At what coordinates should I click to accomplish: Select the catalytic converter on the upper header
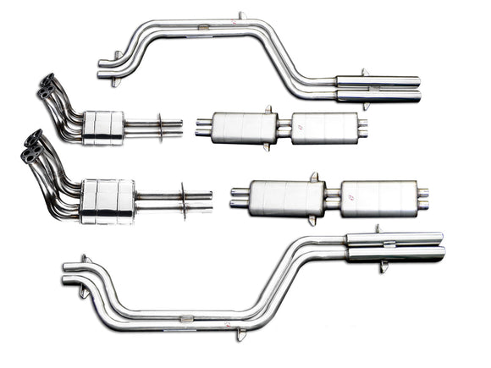point(103,126)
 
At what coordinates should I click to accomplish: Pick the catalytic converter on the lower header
point(108,200)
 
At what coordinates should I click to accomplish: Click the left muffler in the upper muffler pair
point(243,128)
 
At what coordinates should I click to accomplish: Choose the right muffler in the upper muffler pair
point(324,129)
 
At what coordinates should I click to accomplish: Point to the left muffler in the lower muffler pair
point(287,197)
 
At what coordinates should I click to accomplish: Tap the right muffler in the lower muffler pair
point(377,198)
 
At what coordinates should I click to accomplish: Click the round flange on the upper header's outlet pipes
point(159,128)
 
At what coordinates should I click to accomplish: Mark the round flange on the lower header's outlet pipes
point(183,201)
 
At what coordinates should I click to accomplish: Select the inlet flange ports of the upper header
point(47,86)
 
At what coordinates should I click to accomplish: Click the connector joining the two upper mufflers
point(283,129)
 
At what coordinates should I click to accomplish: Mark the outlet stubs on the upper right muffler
point(362,129)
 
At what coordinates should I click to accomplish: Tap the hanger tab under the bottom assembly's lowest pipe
point(240,335)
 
